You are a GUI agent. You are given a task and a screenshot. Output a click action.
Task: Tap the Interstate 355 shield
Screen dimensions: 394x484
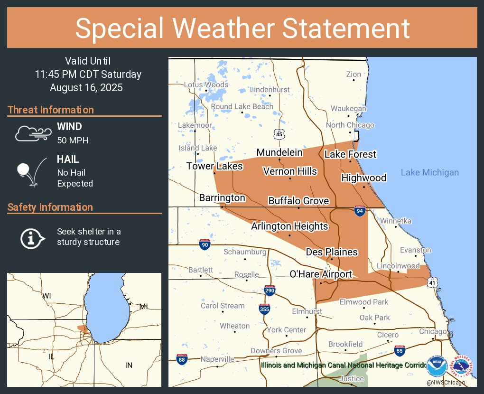[x=265, y=309]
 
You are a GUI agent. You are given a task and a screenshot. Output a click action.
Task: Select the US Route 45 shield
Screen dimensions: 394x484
[x=279, y=134]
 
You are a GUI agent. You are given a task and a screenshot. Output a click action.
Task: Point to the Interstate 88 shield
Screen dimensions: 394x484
[x=181, y=359]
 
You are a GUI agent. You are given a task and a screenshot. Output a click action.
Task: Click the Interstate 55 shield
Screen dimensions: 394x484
[x=400, y=351]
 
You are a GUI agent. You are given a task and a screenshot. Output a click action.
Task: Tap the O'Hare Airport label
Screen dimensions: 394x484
[x=321, y=274]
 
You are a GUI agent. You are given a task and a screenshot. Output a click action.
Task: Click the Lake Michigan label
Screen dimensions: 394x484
[x=429, y=172]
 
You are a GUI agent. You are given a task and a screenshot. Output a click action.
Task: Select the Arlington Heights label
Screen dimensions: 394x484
[x=289, y=226]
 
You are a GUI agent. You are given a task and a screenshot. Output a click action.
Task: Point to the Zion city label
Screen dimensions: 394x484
[x=354, y=74]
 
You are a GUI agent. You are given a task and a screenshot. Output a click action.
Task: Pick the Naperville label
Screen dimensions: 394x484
[x=217, y=359]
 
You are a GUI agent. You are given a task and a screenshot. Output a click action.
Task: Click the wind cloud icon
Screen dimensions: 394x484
[x=33, y=133]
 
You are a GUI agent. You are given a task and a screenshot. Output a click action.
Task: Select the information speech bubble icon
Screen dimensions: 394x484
[x=32, y=237]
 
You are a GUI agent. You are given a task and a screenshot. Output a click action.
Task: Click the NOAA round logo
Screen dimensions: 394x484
[x=437, y=366]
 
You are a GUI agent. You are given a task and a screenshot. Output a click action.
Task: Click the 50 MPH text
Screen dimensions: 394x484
[x=73, y=141]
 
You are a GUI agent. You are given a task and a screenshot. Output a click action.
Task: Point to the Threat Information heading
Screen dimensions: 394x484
[x=51, y=110]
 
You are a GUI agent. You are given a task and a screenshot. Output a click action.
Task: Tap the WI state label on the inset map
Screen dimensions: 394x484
[x=47, y=296]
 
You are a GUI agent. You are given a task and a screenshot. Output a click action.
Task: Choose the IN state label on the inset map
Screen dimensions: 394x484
[x=129, y=365]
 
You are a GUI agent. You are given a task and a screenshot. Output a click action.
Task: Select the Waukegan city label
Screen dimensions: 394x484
[x=348, y=108]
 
